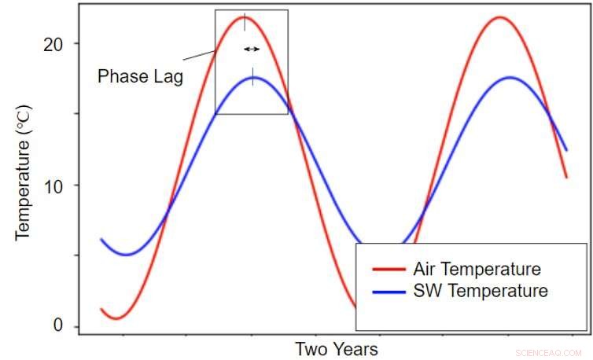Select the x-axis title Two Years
[x=336, y=349]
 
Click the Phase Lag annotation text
[x=140, y=77]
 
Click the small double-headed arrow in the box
[x=251, y=49]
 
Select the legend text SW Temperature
[x=480, y=292]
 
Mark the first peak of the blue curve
[x=252, y=77]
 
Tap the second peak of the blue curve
[x=510, y=77]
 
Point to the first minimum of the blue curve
[x=127, y=255]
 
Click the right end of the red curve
[x=566, y=177]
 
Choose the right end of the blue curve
[x=566, y=149]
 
